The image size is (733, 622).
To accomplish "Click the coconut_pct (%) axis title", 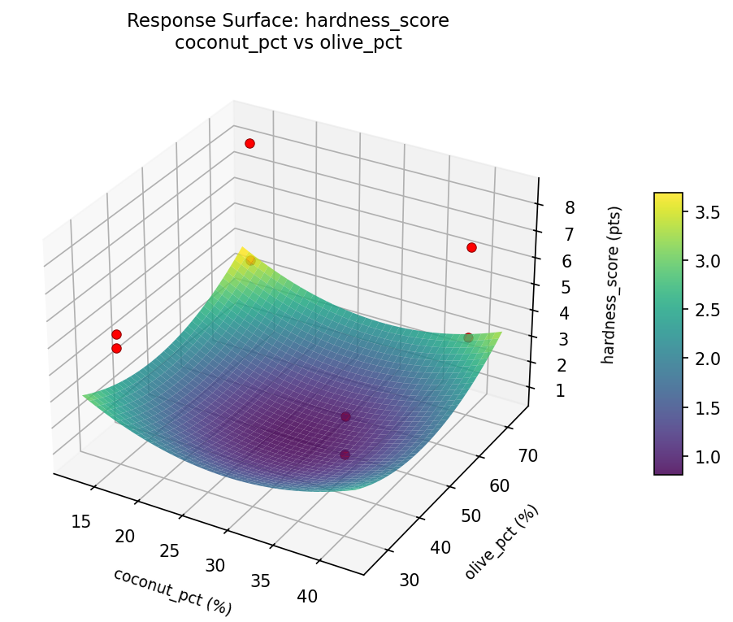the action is pyautogui.click(x=172, y=591).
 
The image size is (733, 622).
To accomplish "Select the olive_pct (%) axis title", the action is pyautogui.click(x=501, y=542).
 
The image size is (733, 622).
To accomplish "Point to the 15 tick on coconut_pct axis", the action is pyautogui.click(x=80, y=520).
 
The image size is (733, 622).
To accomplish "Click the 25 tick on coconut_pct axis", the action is pyautogui.click(x=170, y=550).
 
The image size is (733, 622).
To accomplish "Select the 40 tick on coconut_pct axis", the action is pyautogui.click(x=307, y=596).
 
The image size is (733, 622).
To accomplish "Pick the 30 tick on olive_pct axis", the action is pyautogui.click(x=410, y=579).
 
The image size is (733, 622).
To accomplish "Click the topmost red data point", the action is pyautogui.click(x=249, y=143).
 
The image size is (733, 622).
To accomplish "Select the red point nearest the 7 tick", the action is pyautogui.click(x=471, y=247).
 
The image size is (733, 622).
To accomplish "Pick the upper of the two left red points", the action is pyautogui.click(x=116, y=334).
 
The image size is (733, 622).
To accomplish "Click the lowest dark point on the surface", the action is pyautogui.click(x=345, y=455).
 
